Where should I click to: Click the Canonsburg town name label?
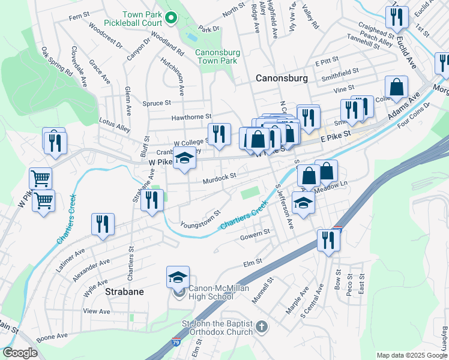tap(282, 78)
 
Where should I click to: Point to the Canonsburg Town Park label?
tap(217, 56)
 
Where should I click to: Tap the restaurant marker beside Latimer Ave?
tap(103, 224)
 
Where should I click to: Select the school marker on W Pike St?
tap(184, 159)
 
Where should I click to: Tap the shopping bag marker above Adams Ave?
tap(396, 87)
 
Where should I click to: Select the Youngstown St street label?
tap(201, 218)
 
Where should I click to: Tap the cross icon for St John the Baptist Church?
tap(261, 327)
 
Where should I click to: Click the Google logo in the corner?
tap(20, 353)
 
